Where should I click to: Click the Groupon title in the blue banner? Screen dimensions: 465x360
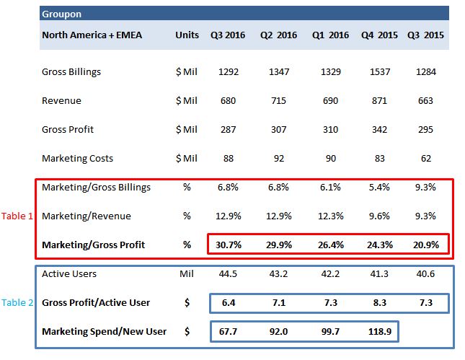click(x=61, y=14)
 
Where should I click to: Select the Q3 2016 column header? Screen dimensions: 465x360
click(x=228, y=35)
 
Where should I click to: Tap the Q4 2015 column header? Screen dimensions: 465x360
click(x=379, y=35)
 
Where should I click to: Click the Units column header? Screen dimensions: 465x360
click(x=187, y=35)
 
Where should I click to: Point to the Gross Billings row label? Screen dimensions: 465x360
click(x=71, y=72)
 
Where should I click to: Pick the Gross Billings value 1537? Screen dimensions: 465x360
click(x=380, y=72)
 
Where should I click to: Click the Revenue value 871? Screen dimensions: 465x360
click(x=379, y=100)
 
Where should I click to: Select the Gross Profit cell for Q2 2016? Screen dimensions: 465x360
click(x=278, y=129)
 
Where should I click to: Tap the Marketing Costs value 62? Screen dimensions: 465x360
click(x=426, y=158)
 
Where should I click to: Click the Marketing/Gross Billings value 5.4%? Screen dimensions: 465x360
click(x=379, y=188)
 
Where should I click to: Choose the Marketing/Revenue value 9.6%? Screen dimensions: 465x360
click(x=379, y=216)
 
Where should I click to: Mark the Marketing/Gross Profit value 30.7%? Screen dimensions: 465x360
click(x=229, y=245)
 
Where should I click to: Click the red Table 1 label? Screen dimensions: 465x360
click(x=17, y=216)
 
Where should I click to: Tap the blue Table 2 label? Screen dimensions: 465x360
click(x=17, y=303)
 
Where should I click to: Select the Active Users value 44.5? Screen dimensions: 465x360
click(x=228, y=273)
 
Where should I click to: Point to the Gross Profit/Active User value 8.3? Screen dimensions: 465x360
click(x=380, y=303)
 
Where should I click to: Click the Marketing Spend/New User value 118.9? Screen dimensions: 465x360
click(x=380, y=332)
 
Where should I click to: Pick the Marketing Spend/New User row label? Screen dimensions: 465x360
click(x=104, y=332)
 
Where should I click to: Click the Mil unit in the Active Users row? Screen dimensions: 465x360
click(x=187, y=273)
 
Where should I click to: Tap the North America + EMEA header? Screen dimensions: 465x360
click(x=92, y=35)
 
